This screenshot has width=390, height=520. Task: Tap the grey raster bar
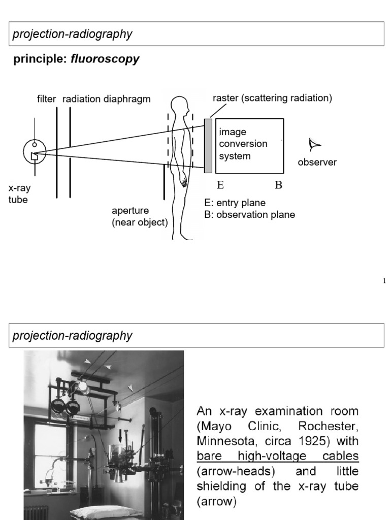(208, 146)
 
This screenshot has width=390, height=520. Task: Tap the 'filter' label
(46, 99)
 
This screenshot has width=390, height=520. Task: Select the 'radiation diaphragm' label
(107, 99)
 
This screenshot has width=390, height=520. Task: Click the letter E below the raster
(220, 185)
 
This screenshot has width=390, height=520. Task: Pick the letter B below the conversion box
(278, 185)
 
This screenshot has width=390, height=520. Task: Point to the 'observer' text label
(317, 162)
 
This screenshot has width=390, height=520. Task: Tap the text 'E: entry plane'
(234, 203)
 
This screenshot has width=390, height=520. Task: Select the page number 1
(384, 281)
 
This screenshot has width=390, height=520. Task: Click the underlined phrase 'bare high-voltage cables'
(277, 457)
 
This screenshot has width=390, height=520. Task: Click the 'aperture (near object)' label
(140, 216)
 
